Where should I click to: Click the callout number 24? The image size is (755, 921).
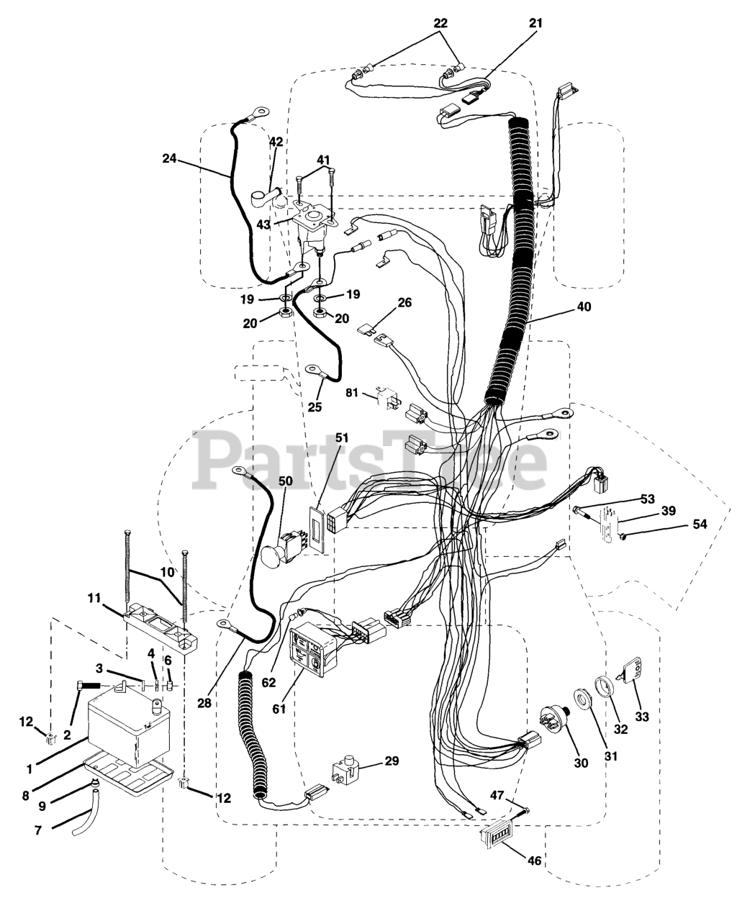169,159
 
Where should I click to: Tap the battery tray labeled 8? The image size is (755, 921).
130,778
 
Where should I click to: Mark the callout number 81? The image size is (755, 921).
351,393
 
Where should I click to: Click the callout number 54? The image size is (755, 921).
700,525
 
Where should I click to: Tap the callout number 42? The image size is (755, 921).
276,142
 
